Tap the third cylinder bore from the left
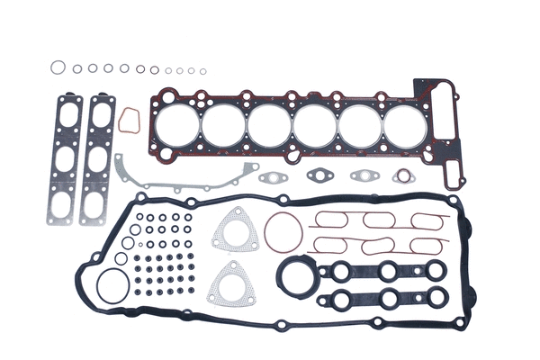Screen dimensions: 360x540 coord(267,125)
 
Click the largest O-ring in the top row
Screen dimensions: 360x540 coord(58,67)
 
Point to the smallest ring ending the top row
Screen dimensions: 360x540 coord(202,71)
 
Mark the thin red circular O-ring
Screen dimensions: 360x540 coord(282,232)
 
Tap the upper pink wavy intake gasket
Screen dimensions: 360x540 coord(378,220)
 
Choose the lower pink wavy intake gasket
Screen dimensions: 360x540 coord(378,244)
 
